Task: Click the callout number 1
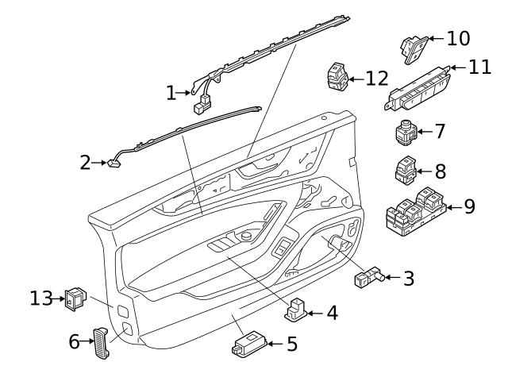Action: (x=171, y=94)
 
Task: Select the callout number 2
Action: (x=86, y=163)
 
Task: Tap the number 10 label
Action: (x=458, y=38)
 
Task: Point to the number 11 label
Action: (x=479, y=67)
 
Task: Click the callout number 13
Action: (x=41, y=298)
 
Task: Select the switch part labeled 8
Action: (x=406, y=170)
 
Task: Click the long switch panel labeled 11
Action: (x=418, y=94)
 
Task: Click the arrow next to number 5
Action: (x=274, y=344)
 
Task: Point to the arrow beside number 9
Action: (x=453, y=208)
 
